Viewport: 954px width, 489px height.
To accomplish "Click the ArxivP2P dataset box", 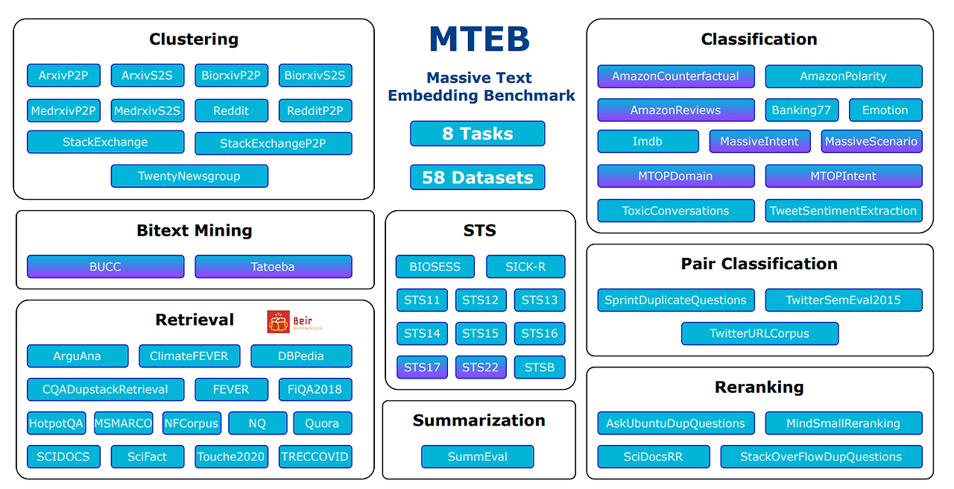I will pos(63,75).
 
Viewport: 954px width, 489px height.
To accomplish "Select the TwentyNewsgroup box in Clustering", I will pos(189,177).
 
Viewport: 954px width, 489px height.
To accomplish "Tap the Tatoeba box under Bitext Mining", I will pos(273,267).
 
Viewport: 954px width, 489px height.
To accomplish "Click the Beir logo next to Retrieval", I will pos(288,321).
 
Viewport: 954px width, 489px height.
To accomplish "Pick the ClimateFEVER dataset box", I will pos(189,356).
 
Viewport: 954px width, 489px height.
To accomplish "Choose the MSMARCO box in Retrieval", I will pos(123,423).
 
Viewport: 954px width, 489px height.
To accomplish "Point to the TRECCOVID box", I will pos(315,457).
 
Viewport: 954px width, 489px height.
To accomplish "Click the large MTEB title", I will pos(479,40).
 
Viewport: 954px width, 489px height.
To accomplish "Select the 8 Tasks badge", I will pos(477,133).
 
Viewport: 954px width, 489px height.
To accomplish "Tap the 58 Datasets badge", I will pos(477,177).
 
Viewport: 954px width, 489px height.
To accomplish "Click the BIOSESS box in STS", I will pos(435,267).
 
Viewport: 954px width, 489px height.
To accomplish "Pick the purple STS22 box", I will pos(481,367).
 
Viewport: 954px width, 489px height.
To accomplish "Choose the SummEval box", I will pos(477,457).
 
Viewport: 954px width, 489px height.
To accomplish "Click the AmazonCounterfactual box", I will pos(675,76).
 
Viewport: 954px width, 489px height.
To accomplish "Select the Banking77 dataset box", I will pos(801,110).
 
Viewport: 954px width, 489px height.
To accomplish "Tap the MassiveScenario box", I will pos(871,142).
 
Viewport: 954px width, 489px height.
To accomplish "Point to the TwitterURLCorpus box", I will pos(759,334).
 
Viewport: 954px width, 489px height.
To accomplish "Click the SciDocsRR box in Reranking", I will pos(653,457).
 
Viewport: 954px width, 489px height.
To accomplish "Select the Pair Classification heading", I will pos(759,264).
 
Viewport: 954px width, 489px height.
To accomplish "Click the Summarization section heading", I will pos(478,420).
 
